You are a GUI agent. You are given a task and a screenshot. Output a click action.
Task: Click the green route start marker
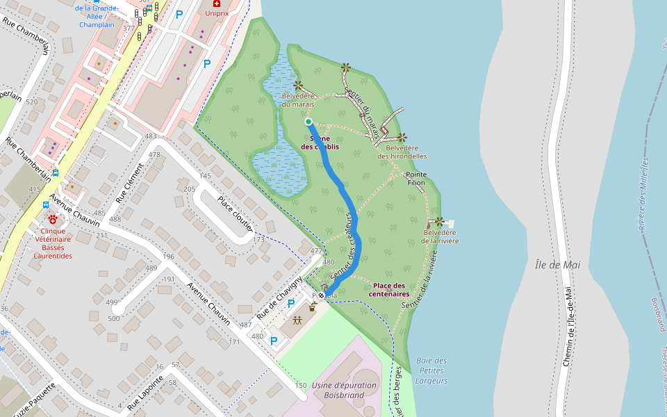click(x=308, y=122)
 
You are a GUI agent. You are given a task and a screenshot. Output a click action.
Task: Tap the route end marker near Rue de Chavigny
click(x=321, y=295)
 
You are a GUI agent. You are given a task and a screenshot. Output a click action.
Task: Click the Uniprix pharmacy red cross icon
click(x=216, y=3)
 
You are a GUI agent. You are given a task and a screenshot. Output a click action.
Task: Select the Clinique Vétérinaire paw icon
click(x=52, y=219)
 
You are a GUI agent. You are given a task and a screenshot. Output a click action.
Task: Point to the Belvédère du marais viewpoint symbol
click(x=298, y=85)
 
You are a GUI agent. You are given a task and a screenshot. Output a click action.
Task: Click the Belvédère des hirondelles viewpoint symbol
click(x=402, y=138)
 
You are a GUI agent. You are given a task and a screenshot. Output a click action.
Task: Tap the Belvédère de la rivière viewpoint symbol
click(x=439, y=222)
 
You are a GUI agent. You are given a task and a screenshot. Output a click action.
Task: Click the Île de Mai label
click(x=557, y=265)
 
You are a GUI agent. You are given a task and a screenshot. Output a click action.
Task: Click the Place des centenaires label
click(x=388, y=290)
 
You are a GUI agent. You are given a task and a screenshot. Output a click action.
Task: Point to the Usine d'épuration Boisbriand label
click(x=345, y=390)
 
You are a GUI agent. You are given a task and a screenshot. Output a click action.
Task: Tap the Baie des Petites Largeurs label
click(x=431, y=370)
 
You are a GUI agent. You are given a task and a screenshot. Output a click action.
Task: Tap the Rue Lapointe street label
click(x=141, y=392)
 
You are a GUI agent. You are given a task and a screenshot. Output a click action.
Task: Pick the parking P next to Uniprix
click(x=206, y=63)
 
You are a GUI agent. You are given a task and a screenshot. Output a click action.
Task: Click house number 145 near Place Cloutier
click(x=205, y=176)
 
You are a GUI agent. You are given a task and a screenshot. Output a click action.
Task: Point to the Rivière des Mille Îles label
click(x=643, y=195)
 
